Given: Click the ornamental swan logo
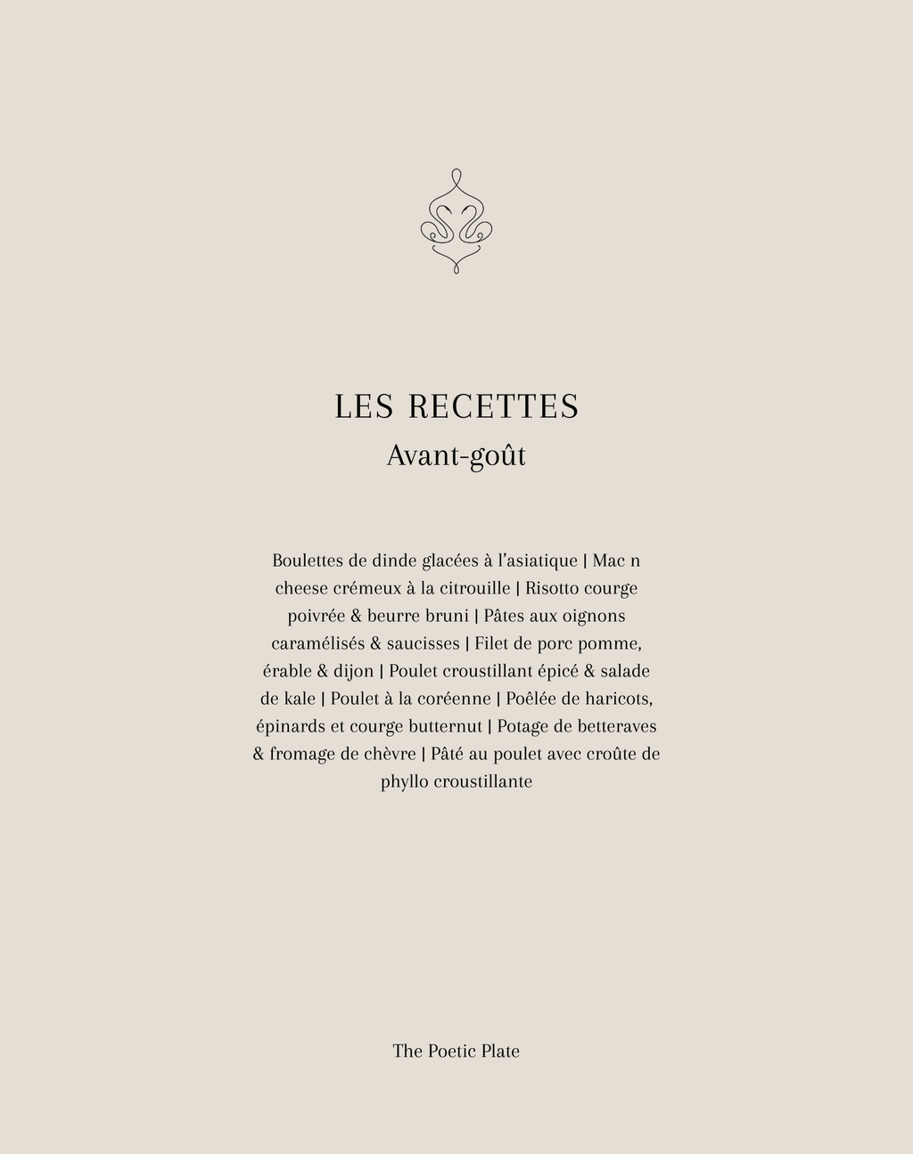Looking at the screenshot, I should [456, 221].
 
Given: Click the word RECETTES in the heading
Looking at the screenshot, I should [494, 406].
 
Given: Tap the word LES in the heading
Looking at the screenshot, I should [364, 406].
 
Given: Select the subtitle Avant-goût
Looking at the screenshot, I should [456, 455].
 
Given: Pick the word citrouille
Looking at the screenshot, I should [475, 588].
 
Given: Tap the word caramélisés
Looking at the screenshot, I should [317, 643].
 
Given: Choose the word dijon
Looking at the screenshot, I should [353, 671].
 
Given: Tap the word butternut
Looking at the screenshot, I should [445, 726].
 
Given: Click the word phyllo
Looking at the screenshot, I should [404, 782].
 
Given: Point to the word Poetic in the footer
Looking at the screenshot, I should [452, 1052].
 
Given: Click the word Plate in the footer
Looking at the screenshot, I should [500, 1052].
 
